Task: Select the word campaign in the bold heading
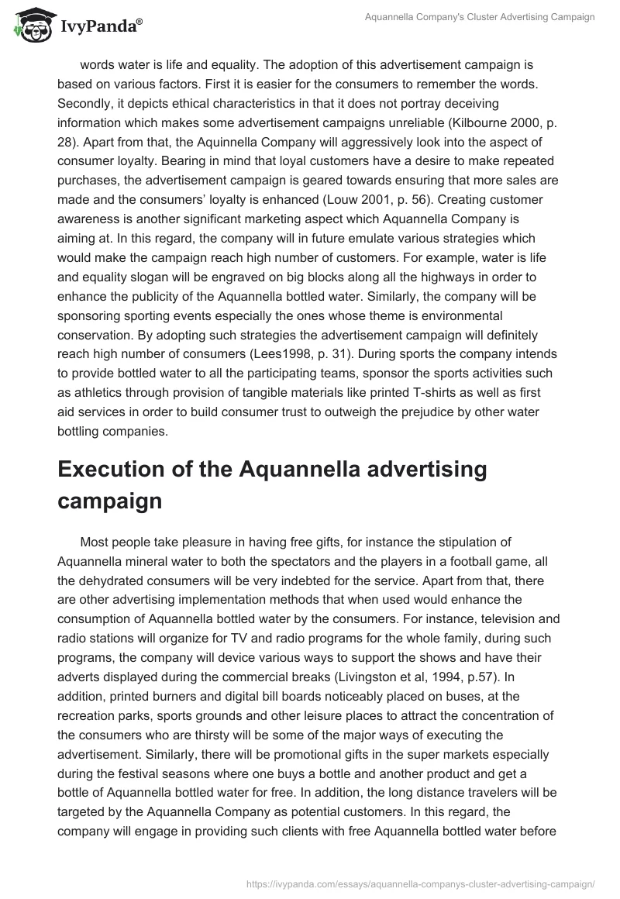tap(109, 501)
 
